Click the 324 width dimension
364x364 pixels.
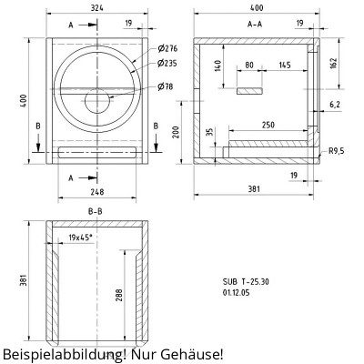[96, 8]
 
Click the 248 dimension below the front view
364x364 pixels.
[96, 191]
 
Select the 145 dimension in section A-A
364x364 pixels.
[285, 65]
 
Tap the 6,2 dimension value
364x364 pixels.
[334, 105]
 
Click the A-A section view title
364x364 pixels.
[255, 25]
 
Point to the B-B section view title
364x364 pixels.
[96, 210]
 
